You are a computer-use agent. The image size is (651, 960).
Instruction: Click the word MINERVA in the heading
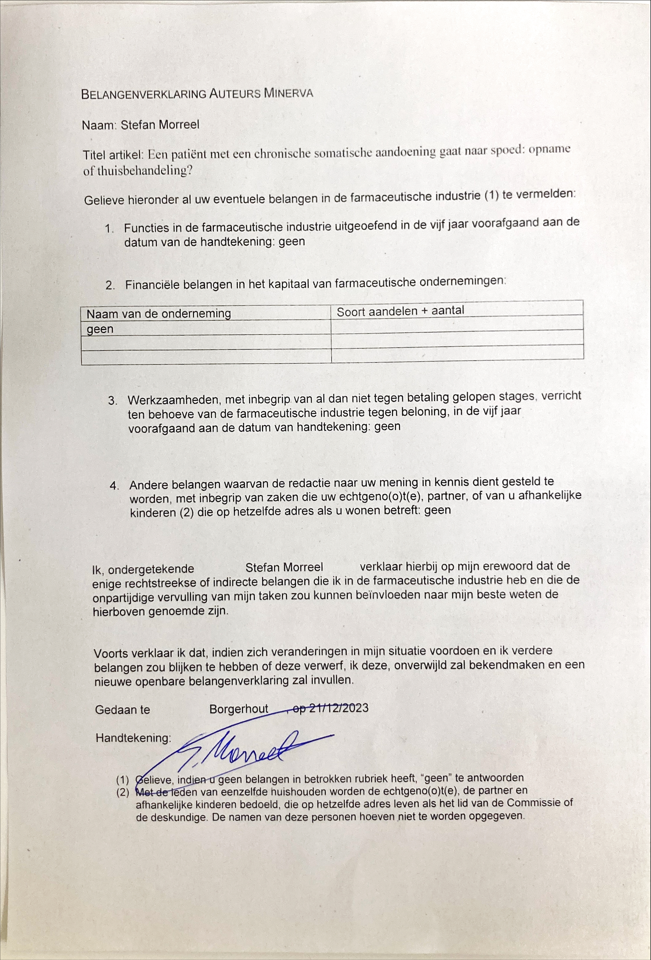coord(288,93)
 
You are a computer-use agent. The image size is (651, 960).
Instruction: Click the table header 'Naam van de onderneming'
coord(159,313)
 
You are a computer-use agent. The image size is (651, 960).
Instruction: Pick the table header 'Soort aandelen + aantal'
coord(400,311)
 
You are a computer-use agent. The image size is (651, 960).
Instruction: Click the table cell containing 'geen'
coord(100,329)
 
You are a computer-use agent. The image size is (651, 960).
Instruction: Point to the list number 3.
coord(113,401)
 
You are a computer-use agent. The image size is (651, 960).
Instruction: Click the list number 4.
coord(115,486)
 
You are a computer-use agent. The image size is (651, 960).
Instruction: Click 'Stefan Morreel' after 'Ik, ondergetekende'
coord(284,567)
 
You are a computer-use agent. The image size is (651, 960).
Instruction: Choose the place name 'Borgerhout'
coord(239,709)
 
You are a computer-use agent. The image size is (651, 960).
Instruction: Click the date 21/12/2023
coord(339,708)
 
